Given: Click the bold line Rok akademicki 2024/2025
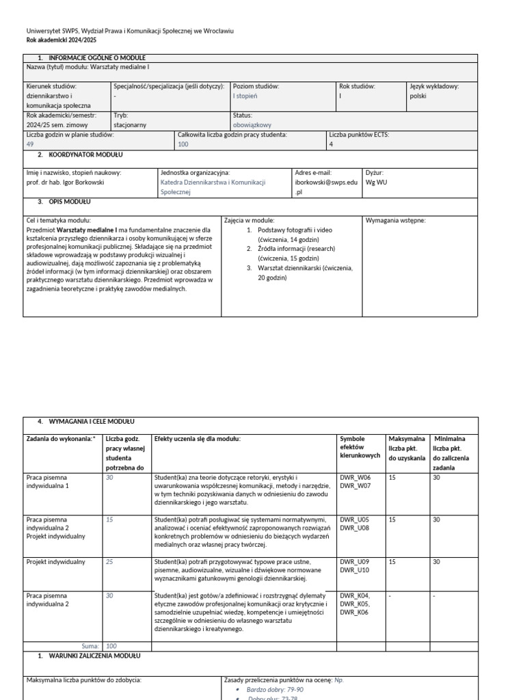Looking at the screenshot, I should [x=60, y=40].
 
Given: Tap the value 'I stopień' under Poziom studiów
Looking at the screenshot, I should [x=245, y=96].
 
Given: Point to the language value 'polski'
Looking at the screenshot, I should [x=418, y=96].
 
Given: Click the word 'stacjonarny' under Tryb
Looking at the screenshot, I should [x=130, y=125].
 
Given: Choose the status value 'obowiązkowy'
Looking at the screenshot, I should [x=252, y=125].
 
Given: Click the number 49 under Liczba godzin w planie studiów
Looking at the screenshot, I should [x=30, y=144].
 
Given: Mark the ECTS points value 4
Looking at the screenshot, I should [x=331, y=144].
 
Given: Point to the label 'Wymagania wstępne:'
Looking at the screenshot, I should [x=396, y=221].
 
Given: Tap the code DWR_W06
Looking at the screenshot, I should [x=354, y=476].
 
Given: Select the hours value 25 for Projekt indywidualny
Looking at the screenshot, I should [x=109, y=562].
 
